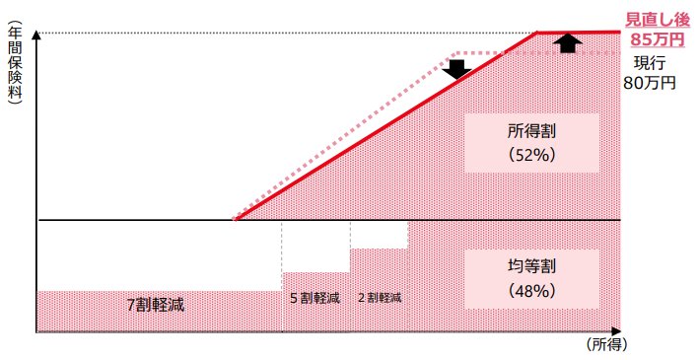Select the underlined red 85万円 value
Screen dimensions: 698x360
pos(655,40)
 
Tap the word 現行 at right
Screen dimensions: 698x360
pos(650,63)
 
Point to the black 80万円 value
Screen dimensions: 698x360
pos(650,83)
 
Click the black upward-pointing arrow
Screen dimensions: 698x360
pos(566,42)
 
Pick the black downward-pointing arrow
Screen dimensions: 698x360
pos(456,70)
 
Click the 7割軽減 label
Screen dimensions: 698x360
pos(156,305)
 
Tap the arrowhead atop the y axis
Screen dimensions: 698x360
pos(36,36)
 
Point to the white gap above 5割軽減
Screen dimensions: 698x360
pos(315,246)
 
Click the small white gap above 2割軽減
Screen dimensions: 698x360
pos(379,234)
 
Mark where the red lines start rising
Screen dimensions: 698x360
pos(236,220)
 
